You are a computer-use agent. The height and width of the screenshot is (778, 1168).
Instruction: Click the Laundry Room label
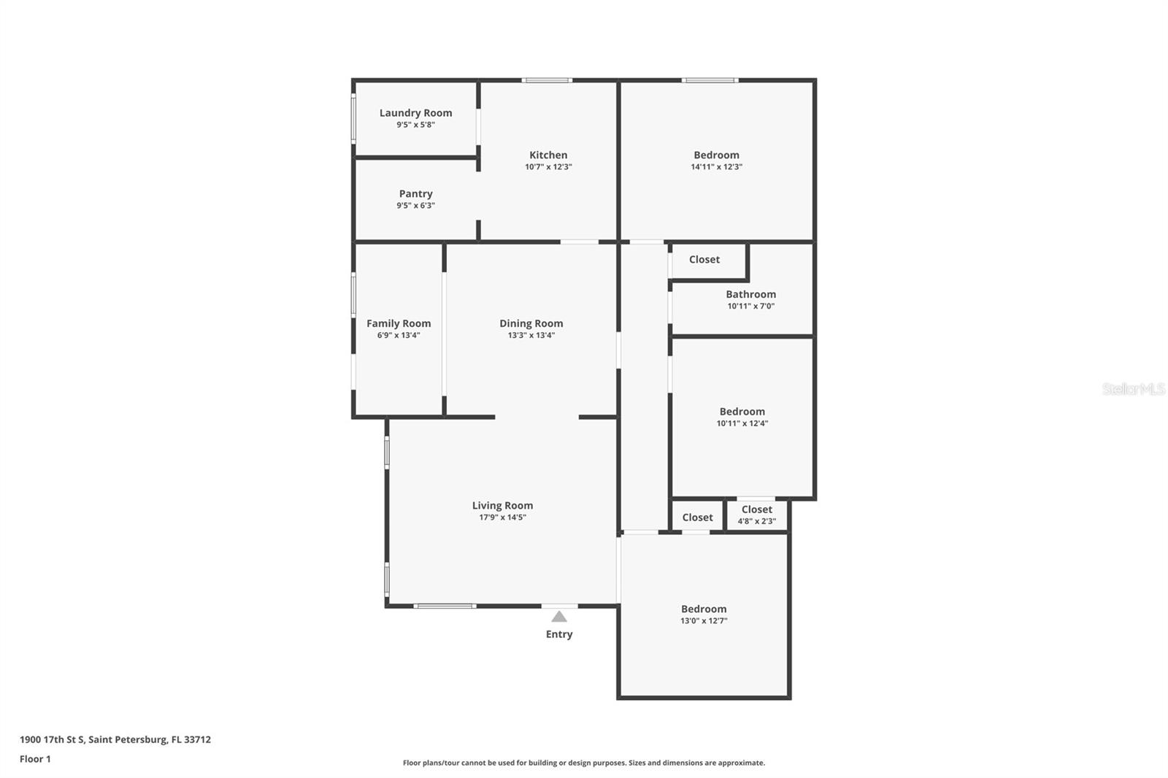pyautogui.click(x=415, y=112)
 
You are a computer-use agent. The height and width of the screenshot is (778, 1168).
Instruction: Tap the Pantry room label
pyautogui.click(x=415, y=193)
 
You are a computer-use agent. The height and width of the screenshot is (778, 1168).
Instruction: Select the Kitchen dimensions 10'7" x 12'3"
pyautogui.click(x=548, y=167)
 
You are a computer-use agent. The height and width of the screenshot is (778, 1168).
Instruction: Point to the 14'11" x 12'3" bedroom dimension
pyautogui.click(x=716, y=167)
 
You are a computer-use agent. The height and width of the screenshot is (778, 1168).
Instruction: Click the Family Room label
pyautogui.click(x=399, y=323)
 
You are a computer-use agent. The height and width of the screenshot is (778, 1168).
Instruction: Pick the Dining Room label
pyautogui.click(x=531, y=323)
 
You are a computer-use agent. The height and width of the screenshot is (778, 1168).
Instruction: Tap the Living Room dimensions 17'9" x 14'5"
pyautogui.click(x=502, y=517)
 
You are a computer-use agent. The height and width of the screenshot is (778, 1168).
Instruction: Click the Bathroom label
pyautogui.click(x=750, y=294)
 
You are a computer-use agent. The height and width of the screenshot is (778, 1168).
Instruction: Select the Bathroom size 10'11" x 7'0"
pyautogui.click(x=750, y=307)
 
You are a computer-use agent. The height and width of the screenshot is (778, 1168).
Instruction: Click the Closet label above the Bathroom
pyautogui.click(x=704, y=259)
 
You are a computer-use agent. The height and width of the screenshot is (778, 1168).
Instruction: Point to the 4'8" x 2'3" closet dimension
pyautogui.click(x=756, y=522)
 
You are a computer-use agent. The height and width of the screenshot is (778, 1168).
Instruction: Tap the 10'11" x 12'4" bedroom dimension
pyautogui.click(x=742, y=423)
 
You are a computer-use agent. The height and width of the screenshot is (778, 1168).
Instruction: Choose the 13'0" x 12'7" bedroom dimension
pyautogui.click(x=704, y=621)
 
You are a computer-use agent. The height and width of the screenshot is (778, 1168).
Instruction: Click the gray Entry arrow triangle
pyautogui.click(x=559, y=617)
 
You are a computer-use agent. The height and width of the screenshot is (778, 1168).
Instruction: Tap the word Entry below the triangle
pyautogui.click(x=559, y=634)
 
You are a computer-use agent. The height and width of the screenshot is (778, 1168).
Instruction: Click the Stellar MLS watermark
pyautogui.click(x=1133, y=389)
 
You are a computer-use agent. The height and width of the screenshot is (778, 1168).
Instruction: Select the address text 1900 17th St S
pyautogui.click(x=52, y=739)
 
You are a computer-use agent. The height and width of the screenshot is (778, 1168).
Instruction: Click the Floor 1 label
pyautogui.click(x=35, y=759)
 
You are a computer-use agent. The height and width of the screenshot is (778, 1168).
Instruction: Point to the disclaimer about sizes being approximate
pyautogui.click(x=584, y=763)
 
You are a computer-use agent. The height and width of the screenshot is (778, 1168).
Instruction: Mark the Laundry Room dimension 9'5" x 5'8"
pyautogui.click(x=415, y=125)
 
